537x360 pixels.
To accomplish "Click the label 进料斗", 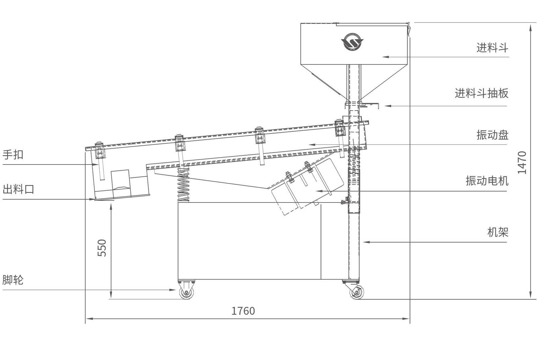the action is click(492, 47).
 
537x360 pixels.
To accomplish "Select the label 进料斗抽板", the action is click(481, 93).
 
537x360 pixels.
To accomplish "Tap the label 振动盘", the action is click(492, 135).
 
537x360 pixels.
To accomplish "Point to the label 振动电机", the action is click(487, 180).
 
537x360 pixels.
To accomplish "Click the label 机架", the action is click(498, 232).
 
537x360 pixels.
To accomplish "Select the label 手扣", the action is click(13, 154).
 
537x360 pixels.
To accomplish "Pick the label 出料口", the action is click(18, 189).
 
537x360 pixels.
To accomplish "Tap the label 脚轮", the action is click(13, 280).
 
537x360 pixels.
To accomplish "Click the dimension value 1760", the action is click(243, 311).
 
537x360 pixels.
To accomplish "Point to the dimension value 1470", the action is click(522, 163).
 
